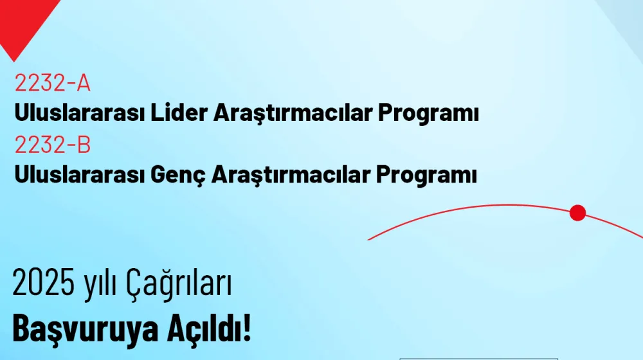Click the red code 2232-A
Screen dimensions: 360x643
coord(52,84)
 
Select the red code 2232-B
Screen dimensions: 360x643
coord(52,145)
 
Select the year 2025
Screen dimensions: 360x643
coord(44,285)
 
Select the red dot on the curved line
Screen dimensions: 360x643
coord(577,213)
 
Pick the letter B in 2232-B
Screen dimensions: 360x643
coord(83,145)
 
